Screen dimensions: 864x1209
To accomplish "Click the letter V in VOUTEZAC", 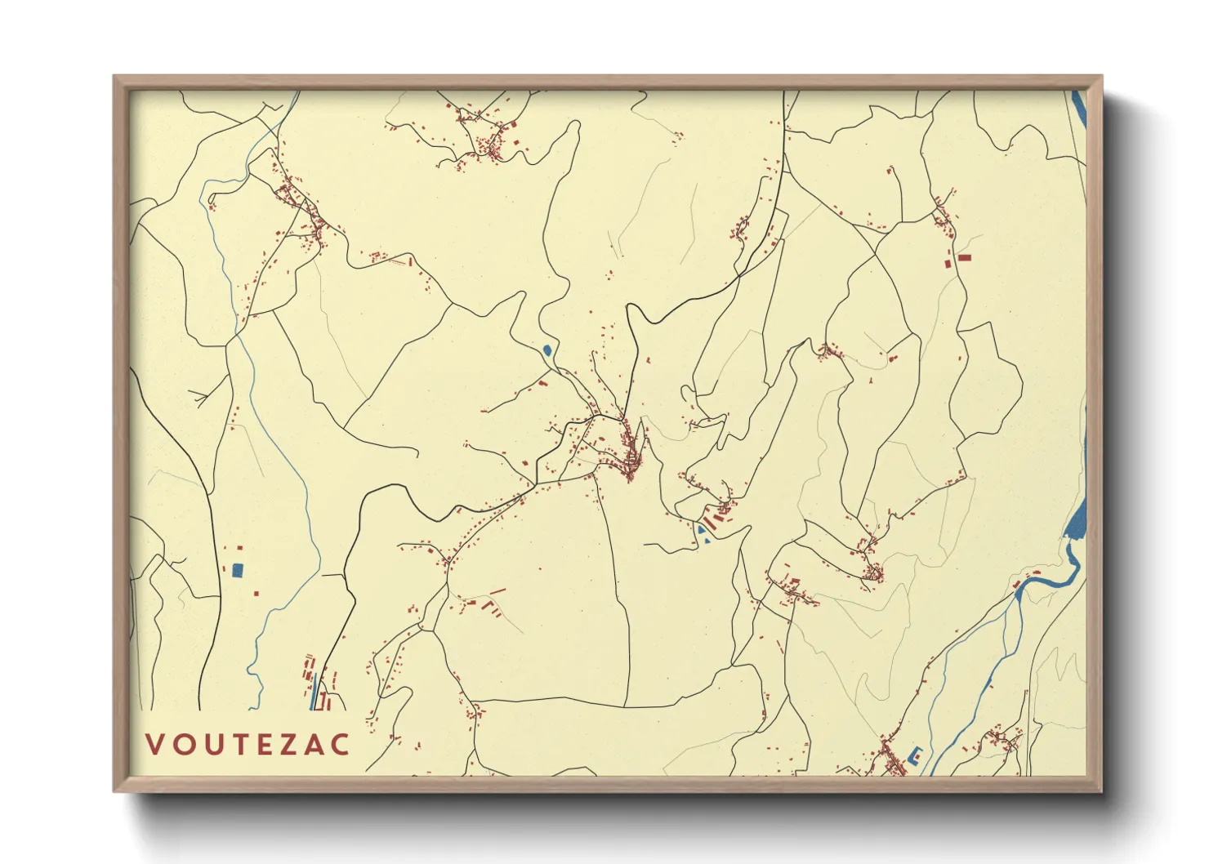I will tap(154, 744).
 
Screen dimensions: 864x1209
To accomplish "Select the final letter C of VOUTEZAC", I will tap(341, 744).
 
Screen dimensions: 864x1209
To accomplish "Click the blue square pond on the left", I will tap(238, 571).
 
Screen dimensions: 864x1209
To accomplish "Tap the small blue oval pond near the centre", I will tap(547, 350).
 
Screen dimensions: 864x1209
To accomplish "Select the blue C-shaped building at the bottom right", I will tap(915, 755).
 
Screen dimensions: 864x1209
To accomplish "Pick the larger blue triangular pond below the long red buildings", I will tap(700, 530).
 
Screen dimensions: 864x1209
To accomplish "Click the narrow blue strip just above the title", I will tap(312, 691).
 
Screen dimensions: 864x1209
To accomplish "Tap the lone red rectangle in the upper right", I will tap(965, 257).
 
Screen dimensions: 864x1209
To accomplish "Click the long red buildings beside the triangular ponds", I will tap(717, 514).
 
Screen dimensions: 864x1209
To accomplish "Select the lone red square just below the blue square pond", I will tap(256, 593).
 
